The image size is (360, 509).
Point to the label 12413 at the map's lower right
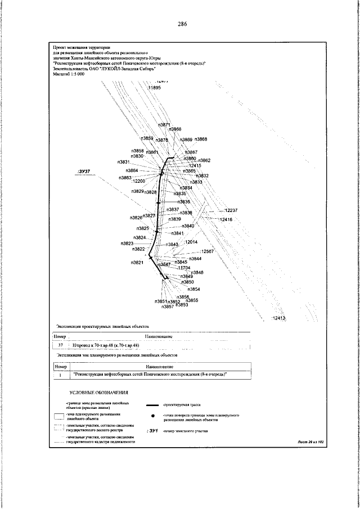click(279, 319)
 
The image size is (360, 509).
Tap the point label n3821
click(137, 262)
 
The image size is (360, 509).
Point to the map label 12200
click(138, 181)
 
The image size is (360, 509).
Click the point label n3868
click(201, 139)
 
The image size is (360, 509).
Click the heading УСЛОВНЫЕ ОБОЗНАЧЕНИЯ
click(100, 392)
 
